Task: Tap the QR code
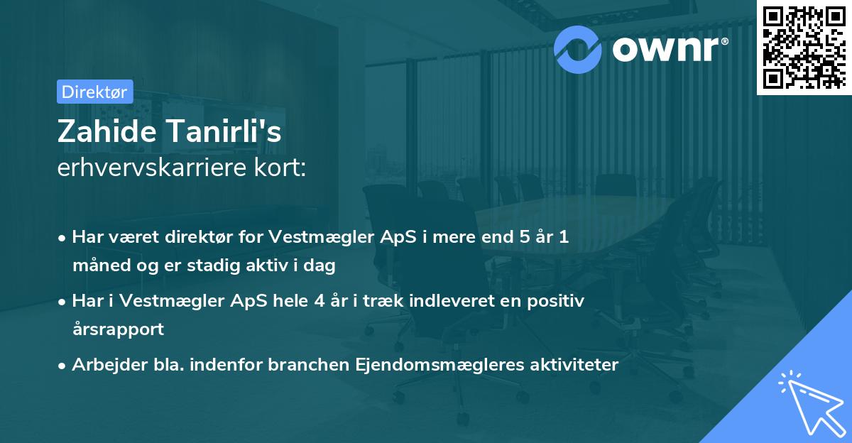coord(804,47)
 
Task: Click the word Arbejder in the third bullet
coord(106,365)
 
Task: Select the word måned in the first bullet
coord(98,266)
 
